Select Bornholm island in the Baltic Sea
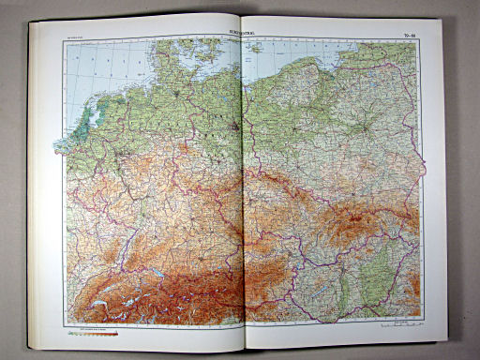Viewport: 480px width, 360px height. click(x=254, y=46)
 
